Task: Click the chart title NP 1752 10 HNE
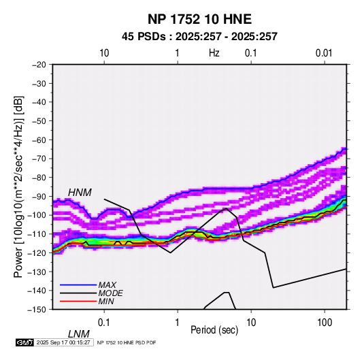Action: coord(199,19)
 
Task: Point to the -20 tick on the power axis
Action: coord(39,65)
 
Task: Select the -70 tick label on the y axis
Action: coord(39,159)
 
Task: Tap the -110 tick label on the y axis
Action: coord(37,234)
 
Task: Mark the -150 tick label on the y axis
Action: coord(37,310)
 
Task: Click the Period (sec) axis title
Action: coord(214,330)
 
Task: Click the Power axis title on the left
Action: coord(18,186)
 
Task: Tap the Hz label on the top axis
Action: coord(214,53)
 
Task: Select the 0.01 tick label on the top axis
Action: coord(324,53)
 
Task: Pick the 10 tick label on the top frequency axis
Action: coord(104,53)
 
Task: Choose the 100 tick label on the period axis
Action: coord(325,323)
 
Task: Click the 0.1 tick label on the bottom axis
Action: coord(104,323)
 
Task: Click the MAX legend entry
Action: coord(107,284)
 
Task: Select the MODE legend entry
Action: coord(110,293)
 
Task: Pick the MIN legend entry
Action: coord(106,301)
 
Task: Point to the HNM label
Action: coord(80,193)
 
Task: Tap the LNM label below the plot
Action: coord(78,334)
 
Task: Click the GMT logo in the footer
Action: coord(25,342)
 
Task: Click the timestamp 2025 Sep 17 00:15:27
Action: coord(63,342)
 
